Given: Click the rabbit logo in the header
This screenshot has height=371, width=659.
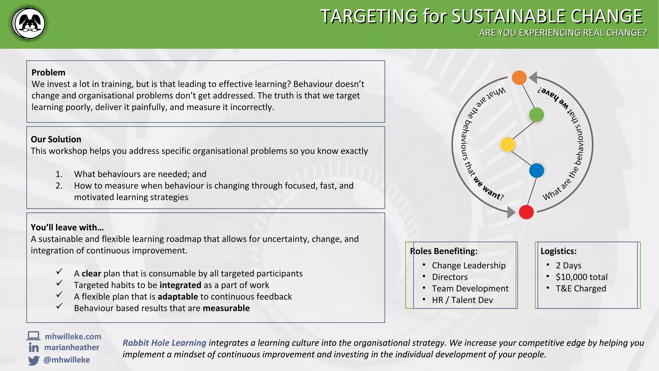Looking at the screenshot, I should click(x=29, y=24).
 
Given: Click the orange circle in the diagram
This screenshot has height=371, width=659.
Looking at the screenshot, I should click(x=519, y=78).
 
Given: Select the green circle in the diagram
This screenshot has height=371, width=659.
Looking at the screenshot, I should click(x=536, y=115).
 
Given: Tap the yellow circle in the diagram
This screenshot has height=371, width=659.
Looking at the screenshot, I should click(x=508, y=144).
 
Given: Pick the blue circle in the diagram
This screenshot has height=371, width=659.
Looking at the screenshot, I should click(x=536, y=170).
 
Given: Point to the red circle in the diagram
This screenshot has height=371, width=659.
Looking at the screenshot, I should click(x=526, y=212).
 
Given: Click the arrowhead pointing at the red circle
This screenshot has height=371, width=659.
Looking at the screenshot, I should click(x=511, y=212).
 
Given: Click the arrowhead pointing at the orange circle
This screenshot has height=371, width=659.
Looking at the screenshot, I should click(x=533, y=77).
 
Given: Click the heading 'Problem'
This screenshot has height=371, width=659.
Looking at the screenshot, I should click(x=48, y=72).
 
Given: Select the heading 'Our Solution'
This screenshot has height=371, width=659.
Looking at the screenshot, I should click(x=56, y=139).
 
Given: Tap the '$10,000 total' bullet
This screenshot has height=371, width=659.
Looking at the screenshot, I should click(x=581, y=277).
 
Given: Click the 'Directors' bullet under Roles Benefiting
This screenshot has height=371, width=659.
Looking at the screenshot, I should click(x=450, y=277).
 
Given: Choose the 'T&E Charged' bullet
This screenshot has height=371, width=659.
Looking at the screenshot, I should click(x=580, y=289).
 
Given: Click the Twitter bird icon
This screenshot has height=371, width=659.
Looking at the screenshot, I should click(x=33, y=360).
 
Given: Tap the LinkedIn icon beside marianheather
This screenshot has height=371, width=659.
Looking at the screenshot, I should click(x=33, y=348).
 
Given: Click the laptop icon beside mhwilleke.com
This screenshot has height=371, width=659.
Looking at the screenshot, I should click(x=33, y=336).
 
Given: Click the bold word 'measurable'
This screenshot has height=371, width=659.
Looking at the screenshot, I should click(x=226, y=308).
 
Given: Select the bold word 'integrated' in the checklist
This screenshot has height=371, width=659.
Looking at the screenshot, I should click(x=180, y=285).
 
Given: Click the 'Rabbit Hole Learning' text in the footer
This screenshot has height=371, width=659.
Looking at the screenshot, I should click(x=164, y=343).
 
